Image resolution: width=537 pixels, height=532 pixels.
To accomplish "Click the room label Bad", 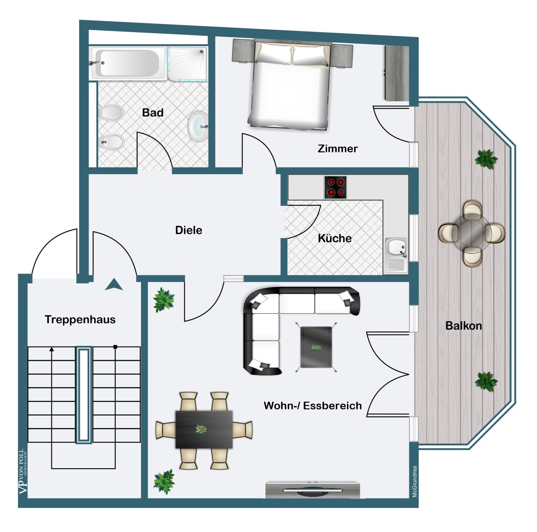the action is point(153,113).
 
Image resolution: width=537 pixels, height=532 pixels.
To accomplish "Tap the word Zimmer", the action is point(338,148).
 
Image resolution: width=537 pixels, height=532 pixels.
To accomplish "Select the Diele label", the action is point(189,230).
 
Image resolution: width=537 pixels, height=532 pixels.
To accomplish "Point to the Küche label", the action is point(335,238).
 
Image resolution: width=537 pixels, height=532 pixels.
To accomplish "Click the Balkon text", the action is point(464,326).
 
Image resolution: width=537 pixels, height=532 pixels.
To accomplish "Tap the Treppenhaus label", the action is point(80,319).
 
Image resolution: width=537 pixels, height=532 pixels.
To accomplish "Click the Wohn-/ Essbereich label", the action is point(313,406).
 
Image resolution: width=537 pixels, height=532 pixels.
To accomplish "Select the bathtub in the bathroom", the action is point(129,63).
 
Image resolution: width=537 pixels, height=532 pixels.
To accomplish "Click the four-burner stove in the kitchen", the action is point(335,187).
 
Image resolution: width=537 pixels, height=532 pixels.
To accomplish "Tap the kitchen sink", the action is point(396,255).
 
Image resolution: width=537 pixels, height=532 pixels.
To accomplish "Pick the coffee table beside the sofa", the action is point(316,347).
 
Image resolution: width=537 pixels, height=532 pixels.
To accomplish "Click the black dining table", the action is point(204,429).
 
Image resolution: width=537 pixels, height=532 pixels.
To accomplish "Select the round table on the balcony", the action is point(471,233).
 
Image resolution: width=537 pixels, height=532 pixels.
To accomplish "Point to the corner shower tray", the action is point(188,63).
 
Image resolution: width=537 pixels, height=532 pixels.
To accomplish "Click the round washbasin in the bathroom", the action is point(198,126).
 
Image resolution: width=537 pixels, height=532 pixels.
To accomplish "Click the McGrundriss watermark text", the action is point(415,482).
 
